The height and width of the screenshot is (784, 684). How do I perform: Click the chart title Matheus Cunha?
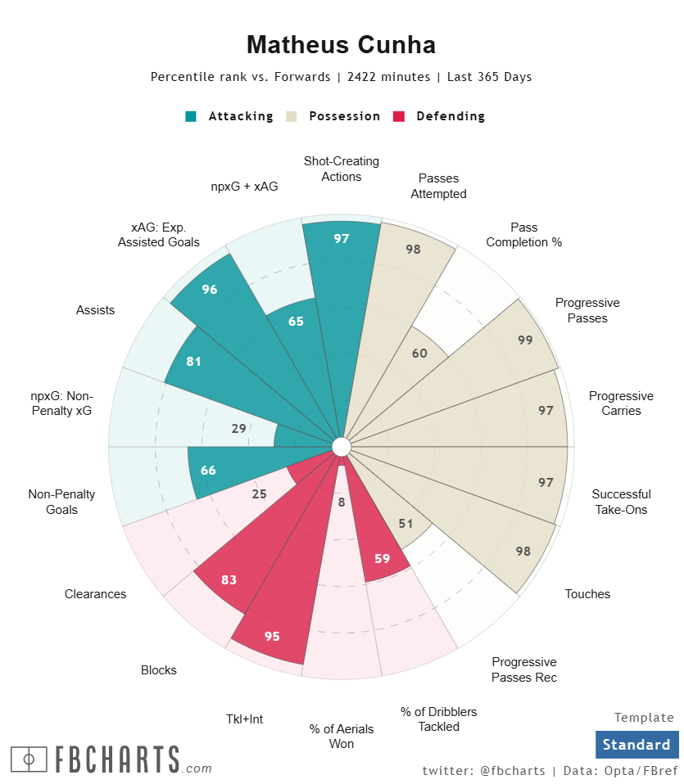tap(341, 44)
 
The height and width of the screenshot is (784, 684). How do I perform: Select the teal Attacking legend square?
tap(191, 116)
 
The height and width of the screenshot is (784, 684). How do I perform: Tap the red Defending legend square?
tap(399, 116)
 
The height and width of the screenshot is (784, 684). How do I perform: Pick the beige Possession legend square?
tap(292, 116)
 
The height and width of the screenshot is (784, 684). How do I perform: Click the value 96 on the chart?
tap(210, 290)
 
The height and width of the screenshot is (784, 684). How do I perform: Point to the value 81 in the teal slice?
tap(193, 362)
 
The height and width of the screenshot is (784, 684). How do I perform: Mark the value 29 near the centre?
tap(238, 428)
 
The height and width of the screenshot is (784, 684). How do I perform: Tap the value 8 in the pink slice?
tap(342, 502)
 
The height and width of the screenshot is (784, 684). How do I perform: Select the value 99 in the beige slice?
tap(525, 340)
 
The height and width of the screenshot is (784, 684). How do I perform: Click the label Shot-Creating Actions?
tap(342, 169)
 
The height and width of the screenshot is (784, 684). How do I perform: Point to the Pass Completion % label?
tap(524, 235)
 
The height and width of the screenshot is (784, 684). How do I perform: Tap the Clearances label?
tap(96, 594)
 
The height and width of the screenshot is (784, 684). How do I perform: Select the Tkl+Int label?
tap(244, 719)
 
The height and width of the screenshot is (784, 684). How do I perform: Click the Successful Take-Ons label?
tap(621, 502)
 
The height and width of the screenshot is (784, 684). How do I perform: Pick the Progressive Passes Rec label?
tap(524, 669)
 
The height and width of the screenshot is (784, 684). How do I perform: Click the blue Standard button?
tap(636, 745)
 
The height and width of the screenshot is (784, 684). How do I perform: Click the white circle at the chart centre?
tap(342, 446)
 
